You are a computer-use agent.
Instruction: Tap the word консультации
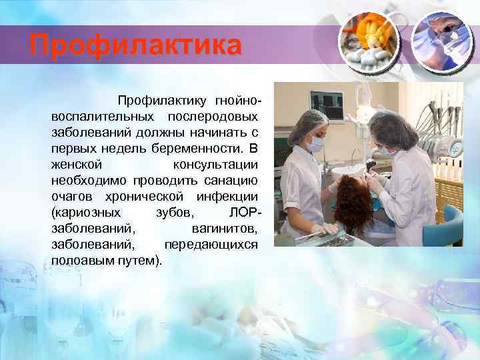point(215,164)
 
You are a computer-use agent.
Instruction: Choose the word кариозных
point(86,212)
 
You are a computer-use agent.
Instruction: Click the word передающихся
point(211,244)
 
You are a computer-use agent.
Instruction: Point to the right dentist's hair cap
point(393,127)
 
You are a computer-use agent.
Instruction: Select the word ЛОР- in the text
point(244,212)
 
